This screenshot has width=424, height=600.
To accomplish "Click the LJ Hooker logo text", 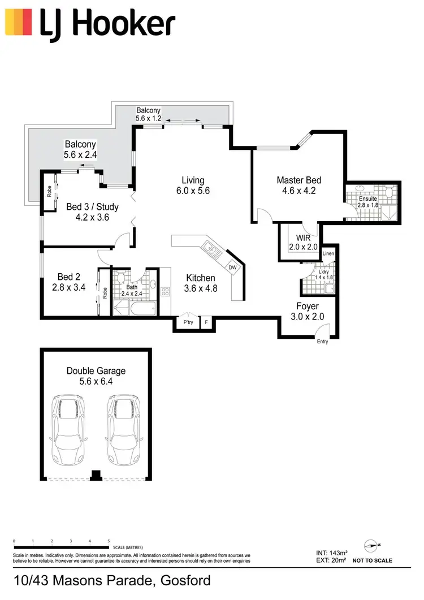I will point(107,24).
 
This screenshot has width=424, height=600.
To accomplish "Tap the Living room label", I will point(193,180).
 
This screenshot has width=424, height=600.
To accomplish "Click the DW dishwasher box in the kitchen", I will point(232,267).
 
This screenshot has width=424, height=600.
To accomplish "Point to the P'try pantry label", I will point(188,322).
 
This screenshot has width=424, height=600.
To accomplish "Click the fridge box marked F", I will point(206,322).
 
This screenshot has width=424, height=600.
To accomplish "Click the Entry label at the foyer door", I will point(322,342).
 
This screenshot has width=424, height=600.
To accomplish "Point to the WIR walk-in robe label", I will point(295,238).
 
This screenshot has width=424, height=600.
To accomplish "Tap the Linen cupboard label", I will point(328,253).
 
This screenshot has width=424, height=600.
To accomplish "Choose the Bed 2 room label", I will point(66,277).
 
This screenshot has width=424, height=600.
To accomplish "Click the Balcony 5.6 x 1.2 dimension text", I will point(148,119).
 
